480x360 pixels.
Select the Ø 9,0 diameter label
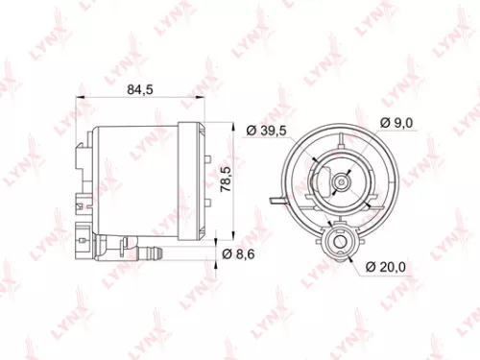pos(396,123)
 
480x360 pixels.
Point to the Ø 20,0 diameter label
pos(388,266)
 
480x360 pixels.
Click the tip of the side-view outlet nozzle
pos(160,254)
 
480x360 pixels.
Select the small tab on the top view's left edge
pos(276,200)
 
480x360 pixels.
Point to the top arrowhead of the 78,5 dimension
pos(235,127)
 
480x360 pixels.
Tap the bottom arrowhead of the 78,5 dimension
pos(235,236)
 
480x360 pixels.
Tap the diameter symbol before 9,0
pos(383,123)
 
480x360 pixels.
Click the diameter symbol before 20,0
pos(371,266)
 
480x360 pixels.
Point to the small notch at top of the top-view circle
pos(339,127)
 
